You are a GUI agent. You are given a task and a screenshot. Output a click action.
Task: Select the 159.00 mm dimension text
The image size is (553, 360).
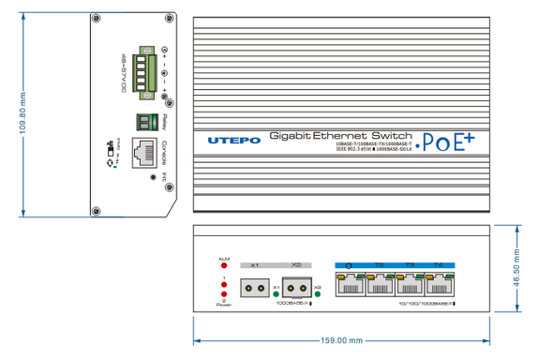342,341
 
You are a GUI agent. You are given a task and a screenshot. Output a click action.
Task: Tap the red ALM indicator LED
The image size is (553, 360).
224,266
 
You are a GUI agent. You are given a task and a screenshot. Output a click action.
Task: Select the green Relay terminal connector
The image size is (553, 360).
146,122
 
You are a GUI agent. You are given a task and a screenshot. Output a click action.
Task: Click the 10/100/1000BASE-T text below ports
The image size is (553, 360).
426,305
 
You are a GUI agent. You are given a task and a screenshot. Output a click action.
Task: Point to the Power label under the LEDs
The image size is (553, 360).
224,305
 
